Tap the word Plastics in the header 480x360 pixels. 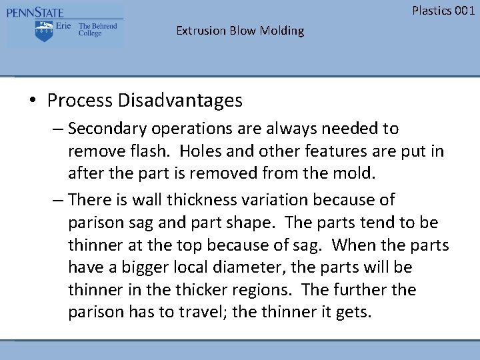(431, 10)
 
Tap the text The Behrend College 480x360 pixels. (97, 29)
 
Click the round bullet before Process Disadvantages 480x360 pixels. (33, 101)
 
